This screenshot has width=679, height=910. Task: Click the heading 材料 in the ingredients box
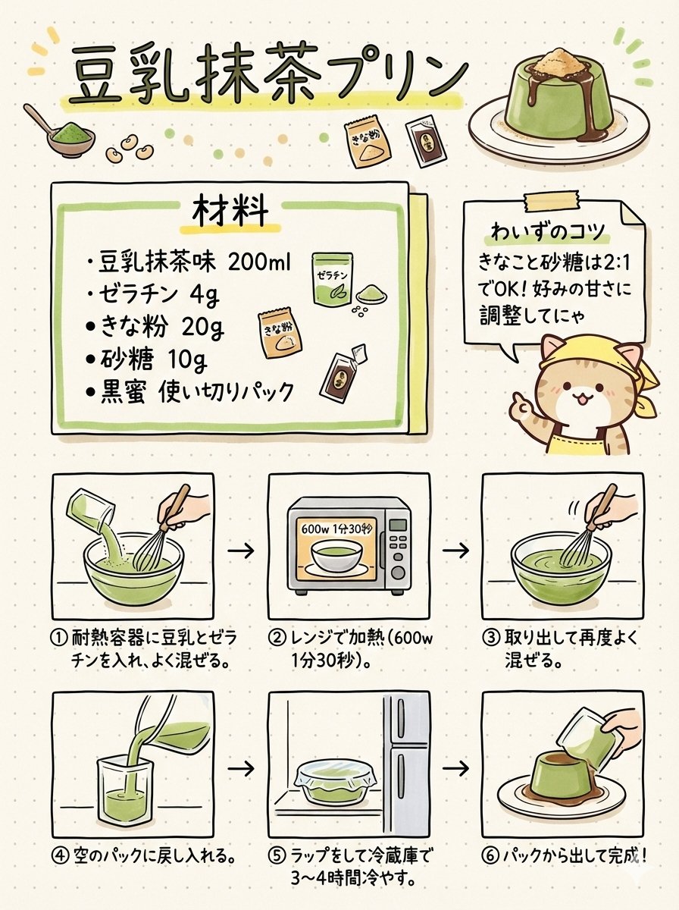tap(230, 213)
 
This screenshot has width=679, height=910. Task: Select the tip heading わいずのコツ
tap(548, 232)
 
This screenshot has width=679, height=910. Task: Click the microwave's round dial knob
tap(398, 573)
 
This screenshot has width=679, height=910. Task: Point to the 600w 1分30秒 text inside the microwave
tap(338, 529)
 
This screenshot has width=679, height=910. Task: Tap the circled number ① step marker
tap(58, 638)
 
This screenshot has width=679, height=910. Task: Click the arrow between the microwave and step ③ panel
tap(455, 551)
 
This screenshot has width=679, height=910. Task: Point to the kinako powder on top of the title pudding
tap(561, 62)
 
